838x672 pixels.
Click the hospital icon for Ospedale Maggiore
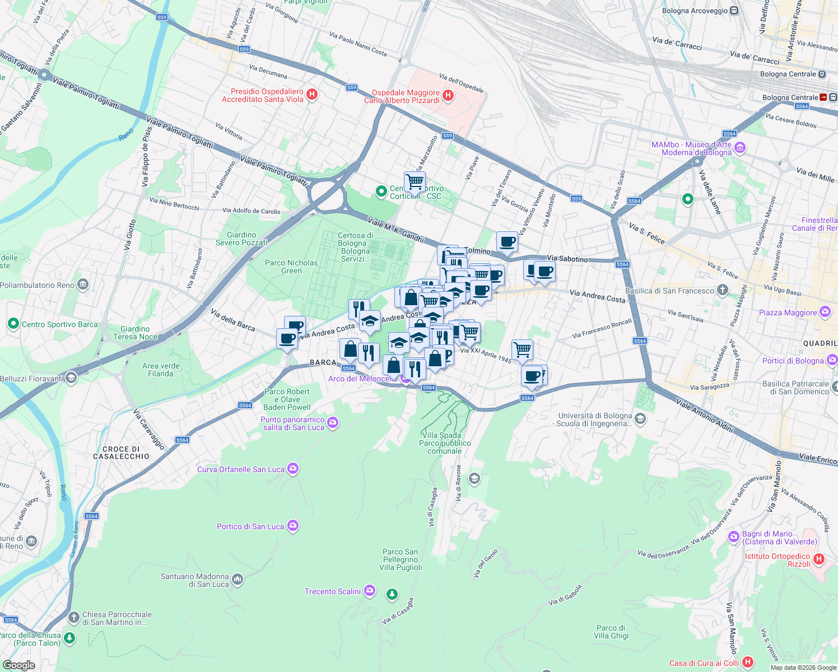(448, 96)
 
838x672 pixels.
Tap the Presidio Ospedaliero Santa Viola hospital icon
(312, 95)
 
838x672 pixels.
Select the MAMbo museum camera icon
(740, 148)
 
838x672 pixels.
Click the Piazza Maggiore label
(788, 312)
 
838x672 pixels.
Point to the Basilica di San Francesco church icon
(723, 290)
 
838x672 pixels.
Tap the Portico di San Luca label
(250, 526)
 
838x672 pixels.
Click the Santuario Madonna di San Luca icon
(238, 579)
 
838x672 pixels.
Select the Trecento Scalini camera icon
(369, 591)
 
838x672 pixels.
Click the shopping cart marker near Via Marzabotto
(415, 181)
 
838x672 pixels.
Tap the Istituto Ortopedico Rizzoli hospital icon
(818, 559)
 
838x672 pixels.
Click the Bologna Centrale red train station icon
(823, 97)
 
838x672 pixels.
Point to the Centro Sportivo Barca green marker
(13, 324)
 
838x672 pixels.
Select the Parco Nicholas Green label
(291, 267)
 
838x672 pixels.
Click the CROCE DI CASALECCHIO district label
(122, 452)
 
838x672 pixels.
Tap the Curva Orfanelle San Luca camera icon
(292, 469)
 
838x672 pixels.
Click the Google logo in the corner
(18, 665)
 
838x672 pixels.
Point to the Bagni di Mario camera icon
(733, 537)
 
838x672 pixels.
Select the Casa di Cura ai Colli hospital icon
(747, 662)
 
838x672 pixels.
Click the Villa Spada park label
(445, 443)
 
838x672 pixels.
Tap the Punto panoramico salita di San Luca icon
(333, 423)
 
